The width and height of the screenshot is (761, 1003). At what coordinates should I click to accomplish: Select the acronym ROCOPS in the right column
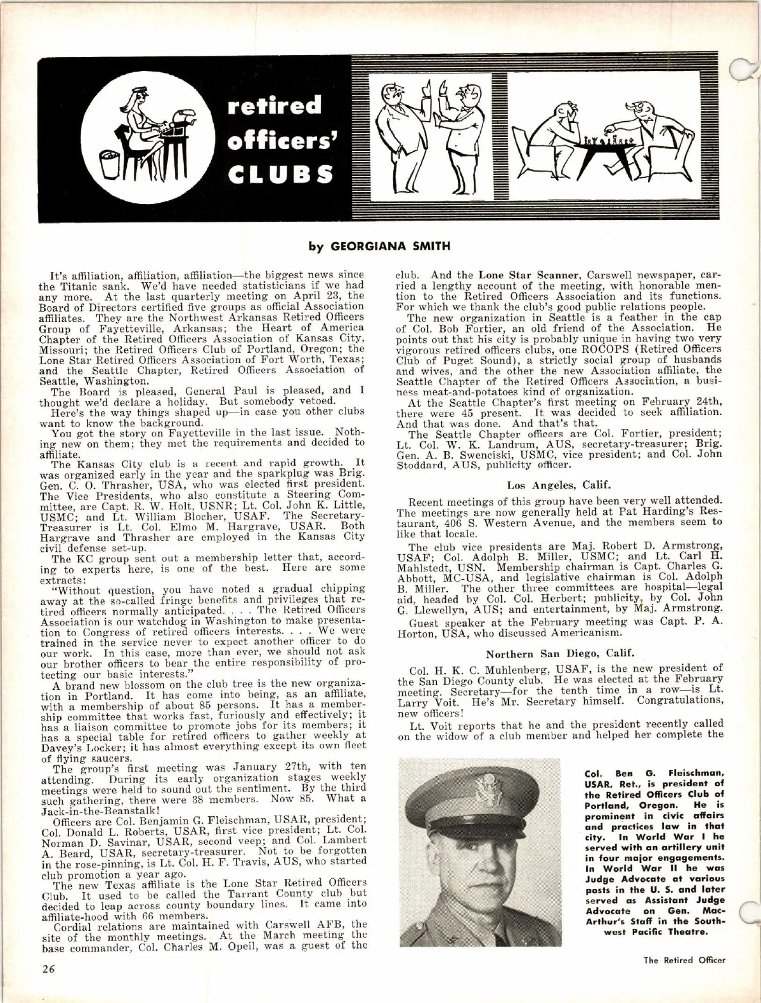click(608, 348)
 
